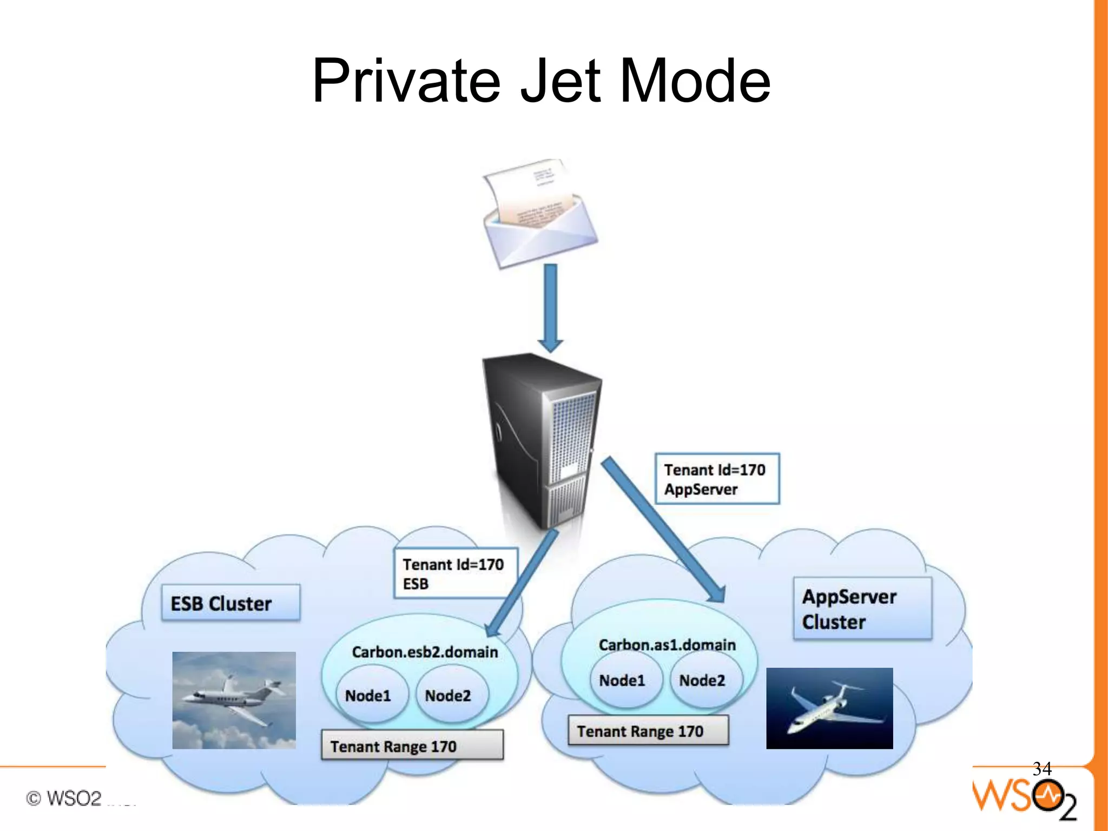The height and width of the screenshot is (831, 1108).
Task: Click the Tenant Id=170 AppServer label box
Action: coord(717,479)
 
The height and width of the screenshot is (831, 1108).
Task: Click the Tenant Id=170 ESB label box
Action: coord(456,573)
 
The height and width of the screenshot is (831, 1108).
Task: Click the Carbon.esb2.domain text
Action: coord(425,652)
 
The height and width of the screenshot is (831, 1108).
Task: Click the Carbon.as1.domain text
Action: coord(667,645)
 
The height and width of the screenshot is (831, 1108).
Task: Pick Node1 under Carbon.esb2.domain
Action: coord(368,695)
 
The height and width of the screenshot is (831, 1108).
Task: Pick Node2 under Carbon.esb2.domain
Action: coord(448,695)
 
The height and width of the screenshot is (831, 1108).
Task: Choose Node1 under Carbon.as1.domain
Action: coord(622,680)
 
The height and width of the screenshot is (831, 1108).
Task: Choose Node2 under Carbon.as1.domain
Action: coord(702,680)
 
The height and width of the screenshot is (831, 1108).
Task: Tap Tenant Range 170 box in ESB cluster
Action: coord(412,746)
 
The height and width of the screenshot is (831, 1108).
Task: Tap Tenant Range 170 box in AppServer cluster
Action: coord(648,731)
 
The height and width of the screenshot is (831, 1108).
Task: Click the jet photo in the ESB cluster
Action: coord(234,700)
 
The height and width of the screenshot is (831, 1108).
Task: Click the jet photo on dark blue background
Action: coord(829,708)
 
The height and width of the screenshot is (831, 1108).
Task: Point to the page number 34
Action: coord(1041,768)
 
